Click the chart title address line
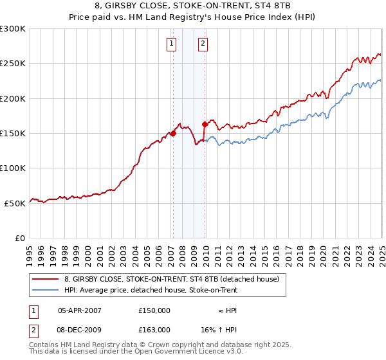[x=193, y=6]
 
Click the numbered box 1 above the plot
[x=172, y=44]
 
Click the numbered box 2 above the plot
[x=203, y=44]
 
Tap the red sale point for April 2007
[x=173, y=134]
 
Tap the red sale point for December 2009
[x=205, y=124]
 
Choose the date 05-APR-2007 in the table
[x=80, y=310]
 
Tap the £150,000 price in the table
[x=154, y=310]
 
